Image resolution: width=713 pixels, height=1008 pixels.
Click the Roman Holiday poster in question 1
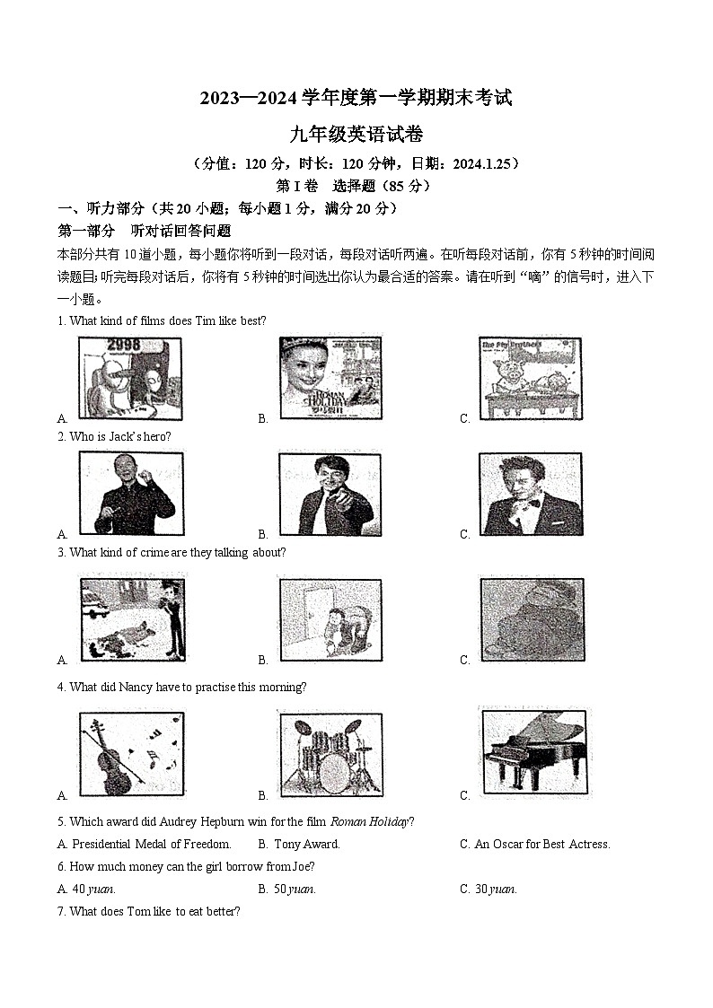[330, 378]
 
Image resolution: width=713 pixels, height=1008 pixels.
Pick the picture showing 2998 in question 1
[130, 378]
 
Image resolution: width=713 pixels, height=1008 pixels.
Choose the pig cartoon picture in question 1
[530, 378]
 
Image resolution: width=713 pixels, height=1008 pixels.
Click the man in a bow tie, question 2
[530, 494]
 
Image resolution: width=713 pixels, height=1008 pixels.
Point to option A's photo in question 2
[131, 494]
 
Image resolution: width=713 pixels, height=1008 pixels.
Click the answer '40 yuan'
[92, 890]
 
